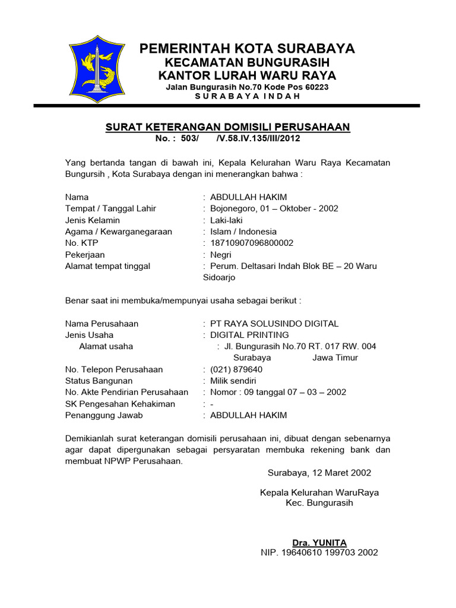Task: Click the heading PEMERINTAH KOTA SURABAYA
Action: coord(247,49)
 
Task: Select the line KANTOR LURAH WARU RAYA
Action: coord(247,75)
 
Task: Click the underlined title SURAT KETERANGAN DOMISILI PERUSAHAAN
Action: coord(227,127)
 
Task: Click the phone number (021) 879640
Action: coord(236,369)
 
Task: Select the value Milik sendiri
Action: coord(233,381)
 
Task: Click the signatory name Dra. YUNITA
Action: coord(319,543)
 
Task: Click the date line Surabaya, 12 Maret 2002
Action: coord(319,473)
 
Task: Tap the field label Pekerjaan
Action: coord(85,255)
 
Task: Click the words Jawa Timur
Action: coord(335,357)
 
